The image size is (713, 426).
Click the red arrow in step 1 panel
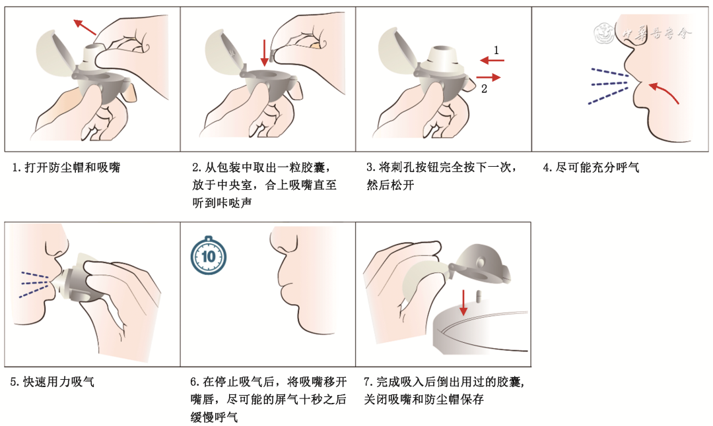pyautogui.click(x=85, y=27)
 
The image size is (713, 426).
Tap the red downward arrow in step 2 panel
pyautogui.click(x=264, y=53)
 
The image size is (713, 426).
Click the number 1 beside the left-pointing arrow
pyautogui.click(x=496, y=49)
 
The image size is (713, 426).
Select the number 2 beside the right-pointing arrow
pyautogui.click(x=484, y=88)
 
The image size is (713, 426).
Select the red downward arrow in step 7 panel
pyautogui.click(x=464, y=301)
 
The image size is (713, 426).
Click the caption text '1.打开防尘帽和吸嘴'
pyautogui.click(x=66, y=167)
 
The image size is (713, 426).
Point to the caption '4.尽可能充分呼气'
pyautogui.click(x=591, y=167)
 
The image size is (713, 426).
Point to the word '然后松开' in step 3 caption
pyautogui.click(x=390, y=185)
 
